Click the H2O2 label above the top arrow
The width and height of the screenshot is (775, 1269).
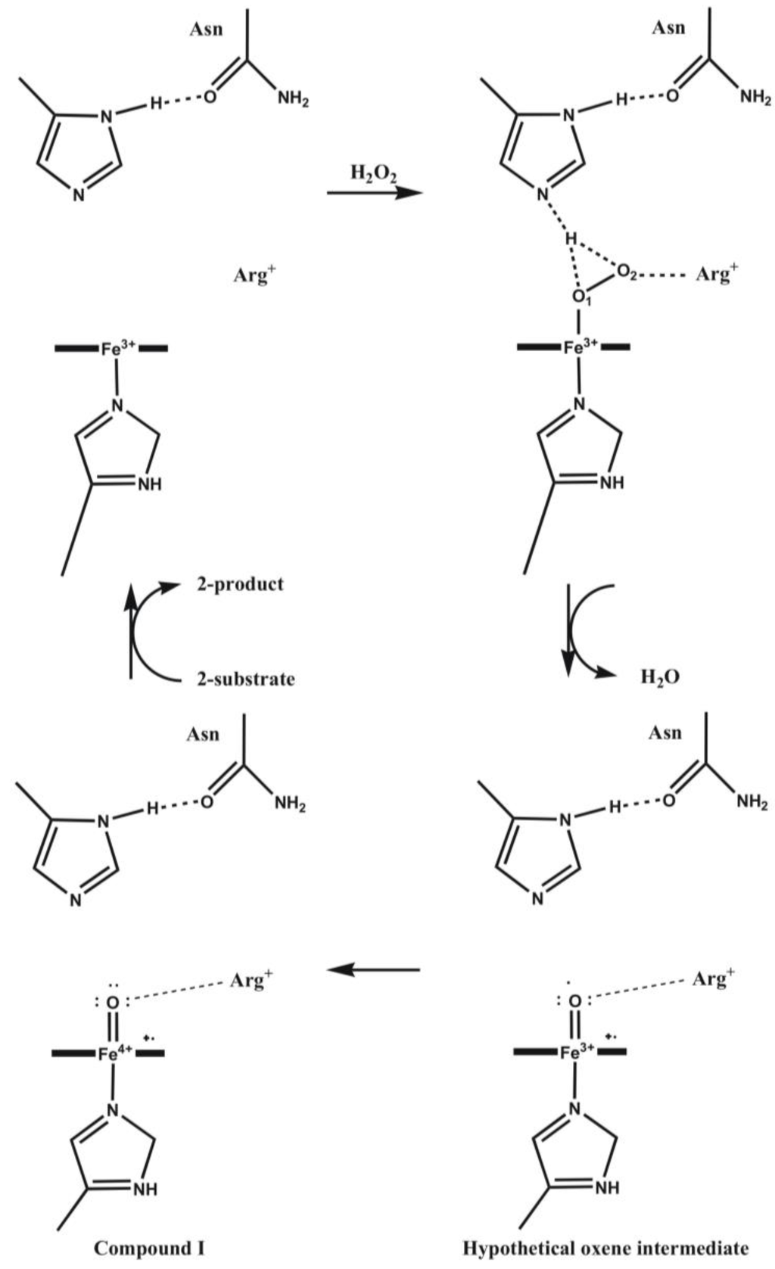(373, 174)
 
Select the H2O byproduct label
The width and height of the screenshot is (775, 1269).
(660, 676)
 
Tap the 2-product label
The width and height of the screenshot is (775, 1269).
(240, 584)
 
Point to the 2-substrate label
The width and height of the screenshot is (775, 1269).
(245, 678)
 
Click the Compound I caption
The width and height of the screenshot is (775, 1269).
(148, 1248)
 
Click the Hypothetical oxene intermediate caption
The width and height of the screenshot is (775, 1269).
(605, 1248)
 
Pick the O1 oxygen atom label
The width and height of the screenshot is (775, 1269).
(580, 297)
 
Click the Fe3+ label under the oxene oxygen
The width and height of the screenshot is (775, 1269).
(579, 1052)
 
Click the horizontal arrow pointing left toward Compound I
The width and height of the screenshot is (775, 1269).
(374, 969)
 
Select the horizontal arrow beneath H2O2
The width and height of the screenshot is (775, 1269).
(374, 193)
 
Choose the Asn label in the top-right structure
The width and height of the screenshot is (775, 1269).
(668, 28)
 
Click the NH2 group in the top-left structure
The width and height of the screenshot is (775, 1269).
(293, 99)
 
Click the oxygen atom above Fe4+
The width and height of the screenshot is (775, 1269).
(113, 1003)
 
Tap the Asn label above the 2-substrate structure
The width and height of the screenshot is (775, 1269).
(203, 734)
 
